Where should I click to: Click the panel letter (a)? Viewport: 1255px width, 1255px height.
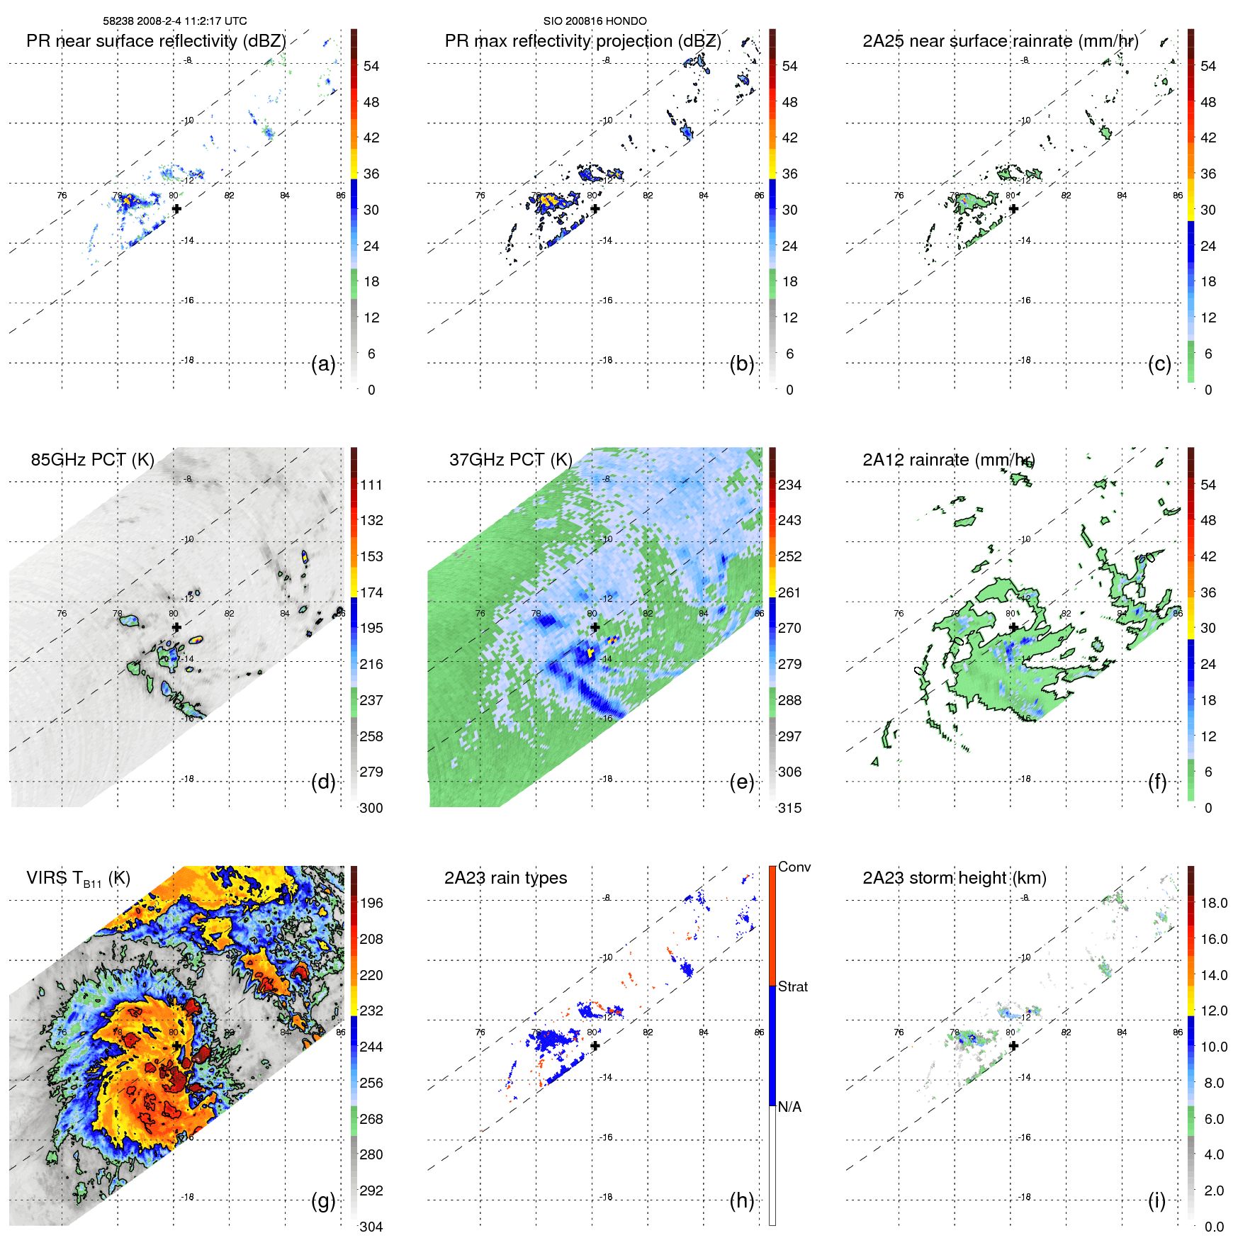click(x=323, y=364)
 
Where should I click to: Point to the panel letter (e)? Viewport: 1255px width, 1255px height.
click(x=741, y=782)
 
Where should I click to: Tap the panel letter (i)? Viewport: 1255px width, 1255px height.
click(x=1156, y=1201)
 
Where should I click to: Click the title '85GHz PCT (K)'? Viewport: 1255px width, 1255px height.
click(x=92, y=460)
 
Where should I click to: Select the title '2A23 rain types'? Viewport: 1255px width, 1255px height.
click(x=505, y=878)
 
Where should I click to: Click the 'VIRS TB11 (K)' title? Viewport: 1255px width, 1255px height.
click(x=78, y=879)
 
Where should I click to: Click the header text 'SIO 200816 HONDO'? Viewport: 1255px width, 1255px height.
click(x=595, y=21)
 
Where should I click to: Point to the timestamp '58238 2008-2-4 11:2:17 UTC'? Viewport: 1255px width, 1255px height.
click(x=175, y=21)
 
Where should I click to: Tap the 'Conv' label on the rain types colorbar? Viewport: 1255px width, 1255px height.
click(x=794, y=867)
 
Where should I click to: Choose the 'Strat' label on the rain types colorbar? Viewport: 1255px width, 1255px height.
click(x=792, y=986)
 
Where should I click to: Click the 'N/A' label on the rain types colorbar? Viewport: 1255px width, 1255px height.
click(x=789, y=1107)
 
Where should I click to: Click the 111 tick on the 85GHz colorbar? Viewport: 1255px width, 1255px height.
click(x=371, y=485)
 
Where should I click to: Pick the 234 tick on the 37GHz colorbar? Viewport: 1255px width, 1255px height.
click(x=789, y=485)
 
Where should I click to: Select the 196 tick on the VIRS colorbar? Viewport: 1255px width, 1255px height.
click(x=371, y=903)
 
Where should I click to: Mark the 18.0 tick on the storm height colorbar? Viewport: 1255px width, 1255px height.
click(x=1214, y=903)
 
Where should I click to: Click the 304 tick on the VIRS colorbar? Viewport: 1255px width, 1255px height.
click(x=371, y=1227)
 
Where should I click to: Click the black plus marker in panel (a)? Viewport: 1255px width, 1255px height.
click(x=176, y=209)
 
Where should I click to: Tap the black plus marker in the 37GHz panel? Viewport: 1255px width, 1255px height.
click(x=595, y=627)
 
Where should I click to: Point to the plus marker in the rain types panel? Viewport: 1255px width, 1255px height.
click(x=595, y=1046)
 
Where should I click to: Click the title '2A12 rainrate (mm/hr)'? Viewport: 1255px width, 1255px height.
click(x=948, y=460)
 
